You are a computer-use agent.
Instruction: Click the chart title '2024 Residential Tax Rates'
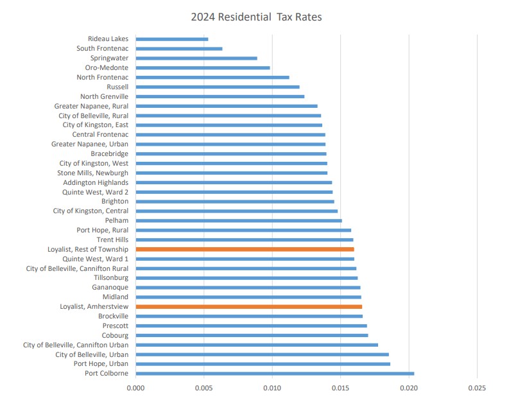point(256,17)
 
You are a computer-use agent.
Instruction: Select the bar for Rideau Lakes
point(172,39)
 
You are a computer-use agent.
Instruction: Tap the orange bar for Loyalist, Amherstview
point(249,307)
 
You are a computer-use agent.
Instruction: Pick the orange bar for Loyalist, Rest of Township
point(245,249)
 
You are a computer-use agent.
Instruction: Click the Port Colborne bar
point(275,374)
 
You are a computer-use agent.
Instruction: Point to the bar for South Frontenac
point(179,49)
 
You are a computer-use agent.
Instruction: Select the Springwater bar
point(196,58)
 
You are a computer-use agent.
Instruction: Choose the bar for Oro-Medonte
point(203,67)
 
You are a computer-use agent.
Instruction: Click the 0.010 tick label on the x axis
point(272,388)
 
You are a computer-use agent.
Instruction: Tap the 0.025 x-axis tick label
point(477,388)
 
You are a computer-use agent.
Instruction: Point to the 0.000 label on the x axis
point(136,388)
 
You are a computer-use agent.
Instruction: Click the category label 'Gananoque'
point(110,288)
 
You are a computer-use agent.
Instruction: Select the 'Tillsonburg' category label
point(111,278)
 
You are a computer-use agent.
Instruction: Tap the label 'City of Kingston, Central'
point(91,211)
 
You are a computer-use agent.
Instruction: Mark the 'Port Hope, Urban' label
point(101,364)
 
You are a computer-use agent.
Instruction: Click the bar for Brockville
point(249,317)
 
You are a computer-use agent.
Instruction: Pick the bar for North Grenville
point(220,96)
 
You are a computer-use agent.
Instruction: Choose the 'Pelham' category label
point(116,221)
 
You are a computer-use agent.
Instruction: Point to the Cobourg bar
point(252,335)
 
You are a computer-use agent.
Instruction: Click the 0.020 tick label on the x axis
point(409,388)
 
